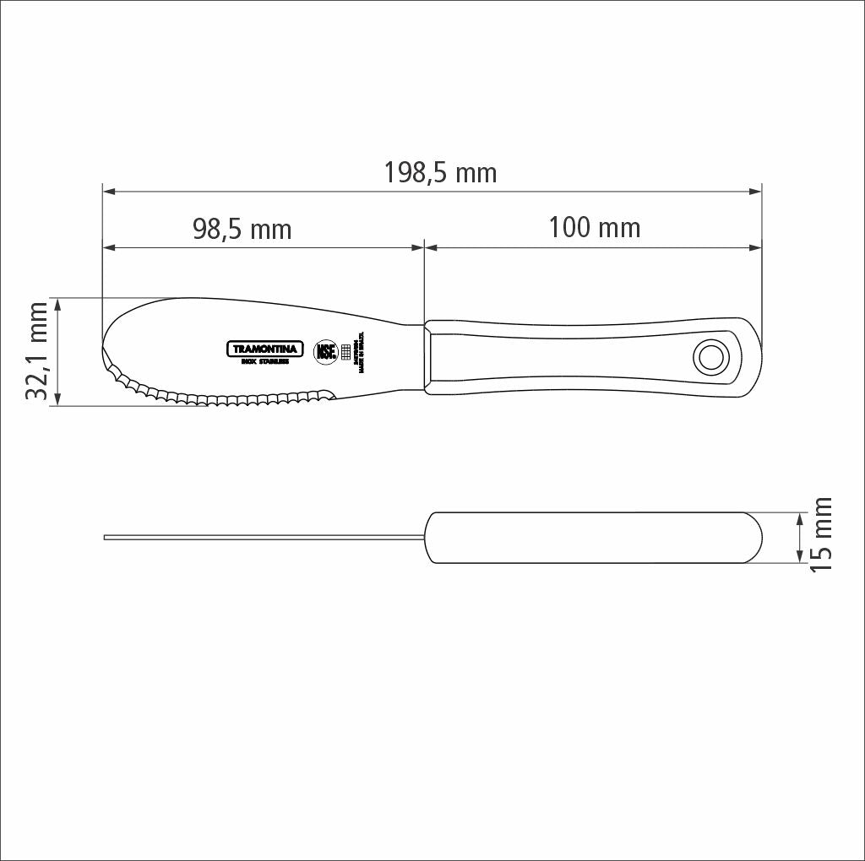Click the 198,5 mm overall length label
tap(440, 173)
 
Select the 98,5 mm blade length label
tap(242, 229)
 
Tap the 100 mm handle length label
tap(594, 227)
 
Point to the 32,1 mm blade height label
tap(38, 351)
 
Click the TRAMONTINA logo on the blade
tap(264, 349)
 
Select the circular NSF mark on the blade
tap(326, 352)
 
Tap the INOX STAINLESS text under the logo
tap(264, 362)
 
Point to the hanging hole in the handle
tap(710, 358)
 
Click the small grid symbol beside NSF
tap(345, 352)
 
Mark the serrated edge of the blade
tap(220, 397)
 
